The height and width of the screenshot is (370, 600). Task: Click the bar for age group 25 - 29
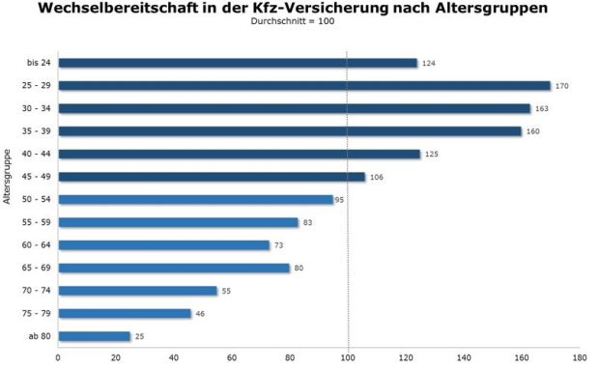tap(303, 86)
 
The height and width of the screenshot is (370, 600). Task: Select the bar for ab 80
tap(94, 336)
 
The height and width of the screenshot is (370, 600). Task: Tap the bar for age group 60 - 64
tap(163, 245)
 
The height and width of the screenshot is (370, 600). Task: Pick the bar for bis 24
tap(237, 63)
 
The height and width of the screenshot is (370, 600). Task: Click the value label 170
tap(561, 86)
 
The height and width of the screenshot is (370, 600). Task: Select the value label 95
tap(340, 200)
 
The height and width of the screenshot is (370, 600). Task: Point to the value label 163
tap(541, 109)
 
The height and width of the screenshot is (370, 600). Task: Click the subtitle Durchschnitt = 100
tap(300, 22)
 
